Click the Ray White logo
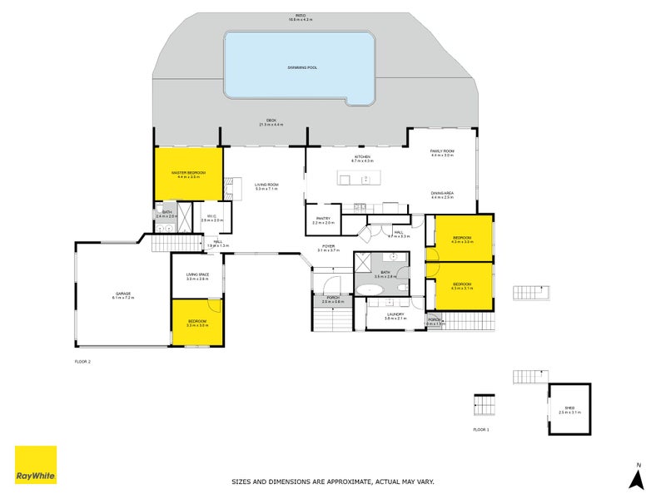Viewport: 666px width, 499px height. pos(36,465)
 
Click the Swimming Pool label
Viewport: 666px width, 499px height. pos(299,66)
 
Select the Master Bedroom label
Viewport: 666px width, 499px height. pos(188,175)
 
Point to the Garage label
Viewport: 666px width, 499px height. pos(123,294)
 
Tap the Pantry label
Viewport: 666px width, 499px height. pos(323,220)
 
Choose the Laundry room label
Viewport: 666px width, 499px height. pos(394,315)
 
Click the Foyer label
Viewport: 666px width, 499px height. pos(330,247)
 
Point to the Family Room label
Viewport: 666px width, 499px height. pos(442,152)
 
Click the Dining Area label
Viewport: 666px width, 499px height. pos(442,195)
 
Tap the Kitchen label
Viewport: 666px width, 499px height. pos(363,158)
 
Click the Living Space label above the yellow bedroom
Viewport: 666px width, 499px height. pos(197,277)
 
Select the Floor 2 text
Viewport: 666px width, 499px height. pos(82,362)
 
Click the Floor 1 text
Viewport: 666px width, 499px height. pos(481,429)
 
